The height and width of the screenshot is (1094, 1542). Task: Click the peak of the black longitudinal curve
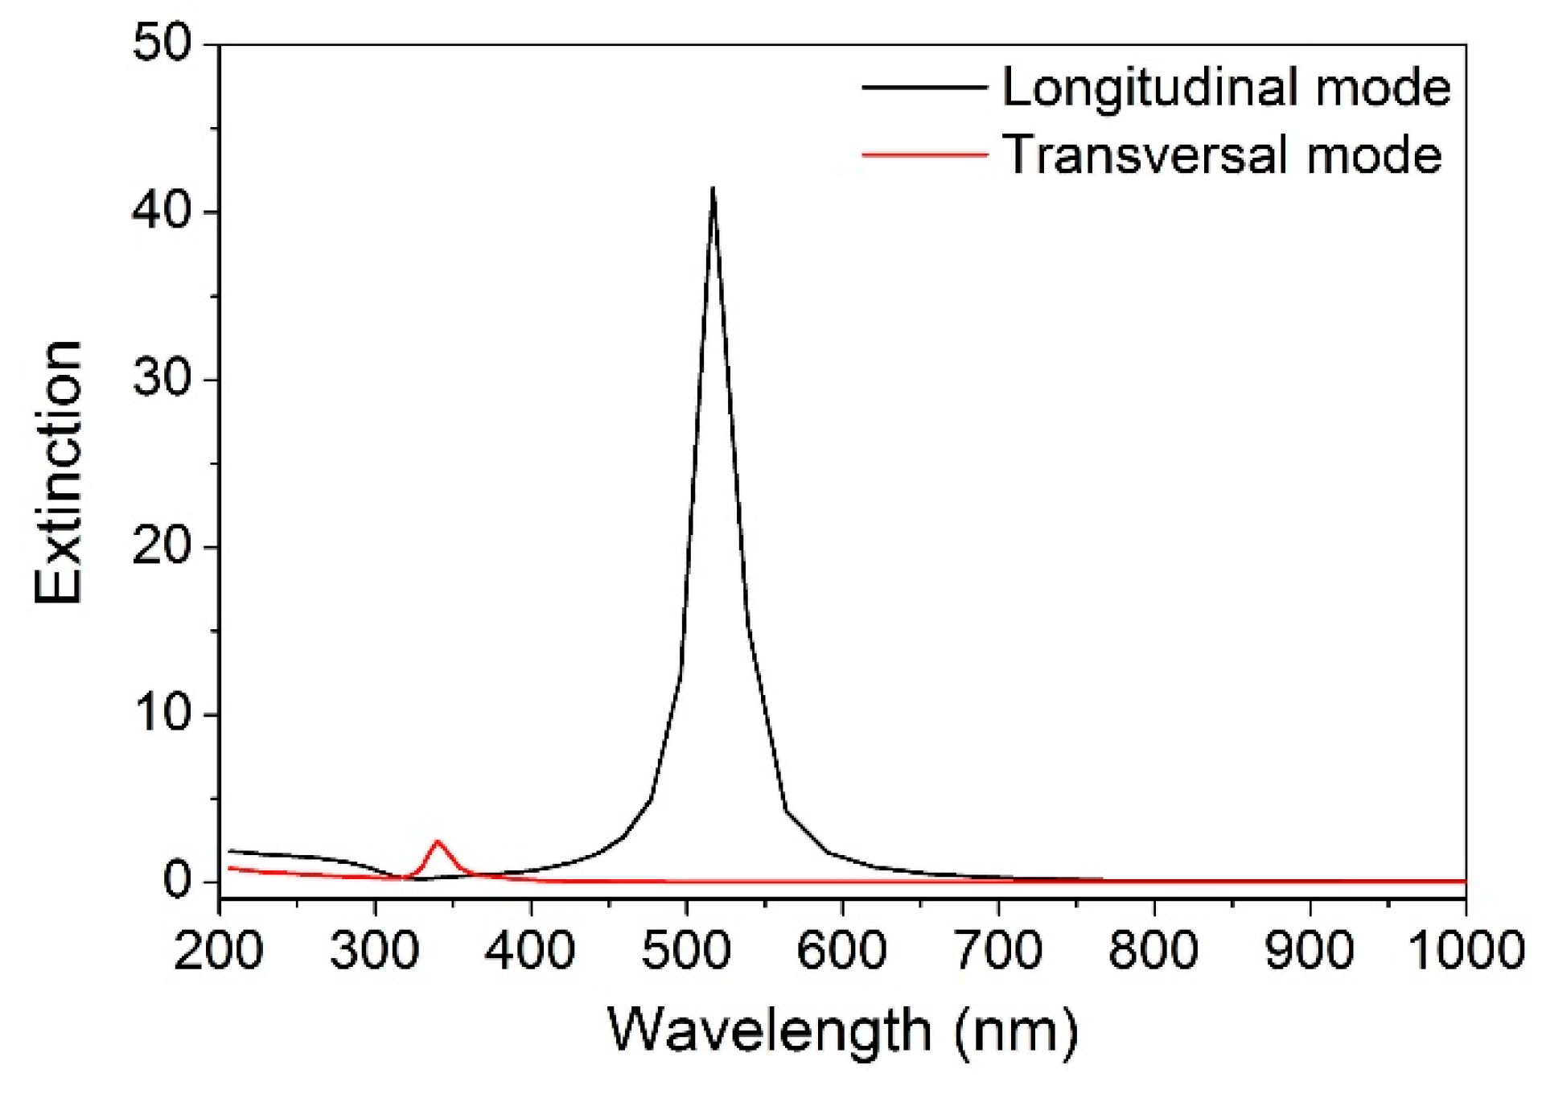713,190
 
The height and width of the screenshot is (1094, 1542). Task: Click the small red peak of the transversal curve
438,842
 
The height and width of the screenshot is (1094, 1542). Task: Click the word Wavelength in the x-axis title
768,1030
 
